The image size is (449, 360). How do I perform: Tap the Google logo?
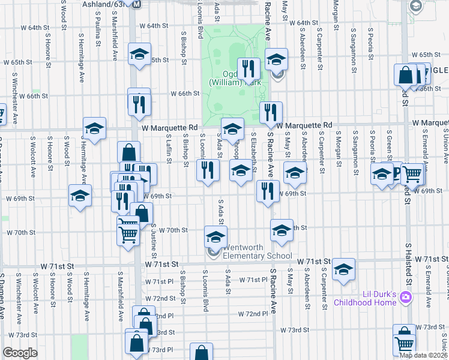(20, 353)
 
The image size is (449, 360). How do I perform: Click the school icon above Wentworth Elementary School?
(215, 236)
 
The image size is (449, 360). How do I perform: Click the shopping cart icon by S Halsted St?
(412, 174)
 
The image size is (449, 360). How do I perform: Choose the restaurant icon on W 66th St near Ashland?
(139, 103)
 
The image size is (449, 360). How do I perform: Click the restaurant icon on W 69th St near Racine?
(267, 191)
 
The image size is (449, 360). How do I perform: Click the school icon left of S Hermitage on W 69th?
(80, 196)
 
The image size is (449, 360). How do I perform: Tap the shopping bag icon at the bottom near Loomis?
(202, 352)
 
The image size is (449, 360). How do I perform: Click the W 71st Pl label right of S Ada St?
(252, 280)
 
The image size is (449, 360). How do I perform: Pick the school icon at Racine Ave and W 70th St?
(281, 230)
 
